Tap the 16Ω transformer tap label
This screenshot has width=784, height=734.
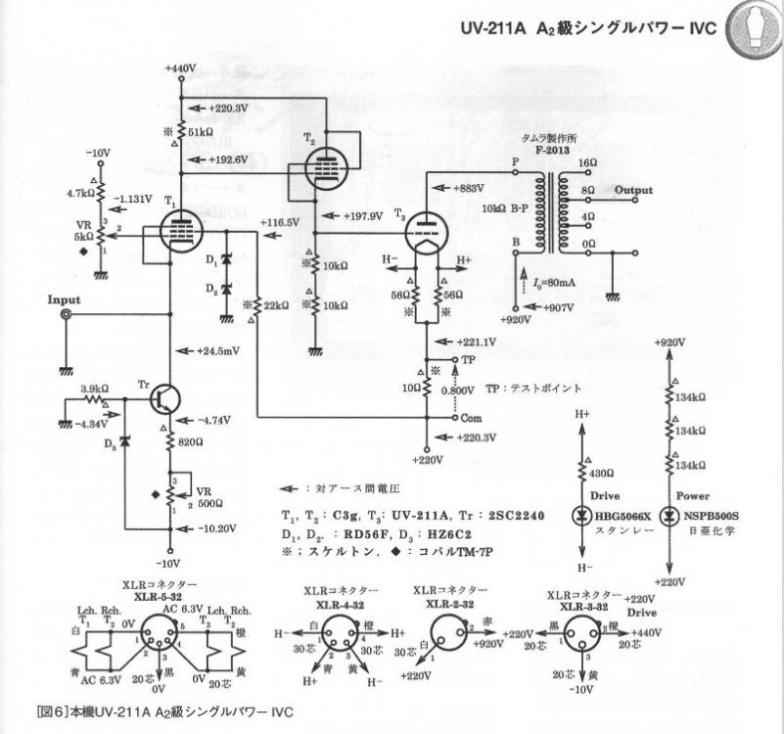pos(587,162)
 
